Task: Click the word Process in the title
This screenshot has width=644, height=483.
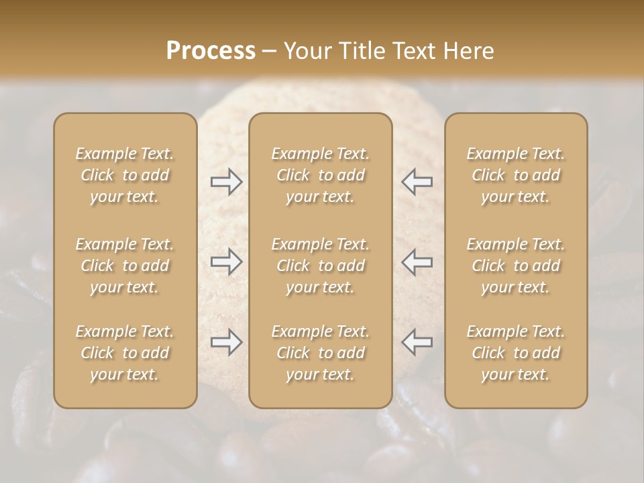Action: (211, 51)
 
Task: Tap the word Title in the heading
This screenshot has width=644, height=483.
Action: (362, 51)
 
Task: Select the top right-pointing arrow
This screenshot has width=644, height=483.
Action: (227, 182)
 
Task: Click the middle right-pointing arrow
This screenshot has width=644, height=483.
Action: (227, 262)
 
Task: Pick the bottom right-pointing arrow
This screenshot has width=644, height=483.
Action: (227, 342)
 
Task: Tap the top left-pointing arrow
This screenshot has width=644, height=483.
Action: (417, 182)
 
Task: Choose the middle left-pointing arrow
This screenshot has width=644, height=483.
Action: (417, 262)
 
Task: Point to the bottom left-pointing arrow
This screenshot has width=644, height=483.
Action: (417, 342)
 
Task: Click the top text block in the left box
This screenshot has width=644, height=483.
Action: (125, 175)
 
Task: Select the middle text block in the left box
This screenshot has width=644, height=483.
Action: (125, 266)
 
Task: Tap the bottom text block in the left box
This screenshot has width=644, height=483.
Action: (125, 353)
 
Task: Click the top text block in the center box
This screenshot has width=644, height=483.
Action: (320, 175)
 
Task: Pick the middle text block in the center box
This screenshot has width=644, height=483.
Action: (320, 266)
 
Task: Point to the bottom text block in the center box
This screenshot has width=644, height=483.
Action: (320, 353)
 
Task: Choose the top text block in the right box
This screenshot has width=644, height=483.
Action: (516, 175)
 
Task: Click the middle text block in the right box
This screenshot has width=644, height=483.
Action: (516, 266)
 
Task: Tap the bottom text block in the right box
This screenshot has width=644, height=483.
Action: (516, 353)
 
